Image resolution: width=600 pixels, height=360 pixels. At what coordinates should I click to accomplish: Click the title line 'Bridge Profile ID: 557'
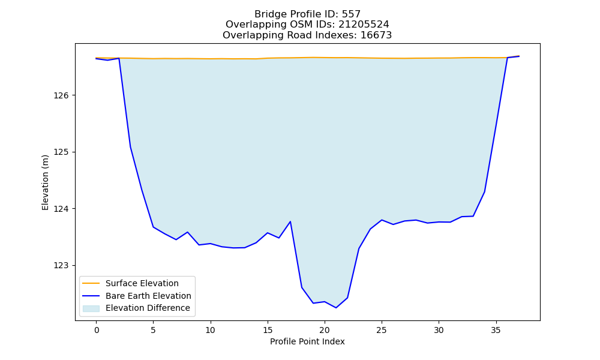[307, 14]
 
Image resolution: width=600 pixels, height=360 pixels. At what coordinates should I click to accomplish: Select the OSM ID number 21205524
[364, 25]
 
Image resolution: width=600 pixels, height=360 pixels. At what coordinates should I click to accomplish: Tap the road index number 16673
[376, 35]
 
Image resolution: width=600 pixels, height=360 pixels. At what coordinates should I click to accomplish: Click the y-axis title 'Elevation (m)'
[45, 182]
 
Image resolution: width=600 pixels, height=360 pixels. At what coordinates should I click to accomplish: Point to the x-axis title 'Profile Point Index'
[307, 341]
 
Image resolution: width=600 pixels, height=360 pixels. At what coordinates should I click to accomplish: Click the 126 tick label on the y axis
[61, 95]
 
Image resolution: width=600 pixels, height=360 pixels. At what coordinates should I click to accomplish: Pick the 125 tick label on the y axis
[61, 152]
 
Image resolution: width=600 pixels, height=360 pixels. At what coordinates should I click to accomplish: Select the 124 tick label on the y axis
[61, 209]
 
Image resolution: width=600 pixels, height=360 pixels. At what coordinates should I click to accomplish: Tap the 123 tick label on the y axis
[61, 266]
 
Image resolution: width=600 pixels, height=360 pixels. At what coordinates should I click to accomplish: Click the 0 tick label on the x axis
[97, 330]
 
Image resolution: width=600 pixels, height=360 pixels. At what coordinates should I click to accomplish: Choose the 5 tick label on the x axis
[154, 330]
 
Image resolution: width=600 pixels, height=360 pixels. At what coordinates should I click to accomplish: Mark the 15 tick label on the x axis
[268, 330]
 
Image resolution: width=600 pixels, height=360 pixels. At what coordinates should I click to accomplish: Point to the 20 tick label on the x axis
[325, 330]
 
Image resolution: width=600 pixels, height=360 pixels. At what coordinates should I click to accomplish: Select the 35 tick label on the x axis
[496, 330]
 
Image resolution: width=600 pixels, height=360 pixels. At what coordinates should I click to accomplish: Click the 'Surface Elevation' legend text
[142, 283]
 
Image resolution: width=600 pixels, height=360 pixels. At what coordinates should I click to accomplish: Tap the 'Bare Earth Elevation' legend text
[148, 296]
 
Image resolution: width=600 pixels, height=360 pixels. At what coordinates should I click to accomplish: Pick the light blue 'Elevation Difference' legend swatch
[91, 308]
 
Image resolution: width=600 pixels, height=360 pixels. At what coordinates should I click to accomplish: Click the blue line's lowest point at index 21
[336, 308]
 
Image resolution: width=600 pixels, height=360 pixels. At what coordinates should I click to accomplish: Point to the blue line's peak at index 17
[290, 221]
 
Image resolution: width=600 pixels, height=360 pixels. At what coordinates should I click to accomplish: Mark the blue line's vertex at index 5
[154, 227]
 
